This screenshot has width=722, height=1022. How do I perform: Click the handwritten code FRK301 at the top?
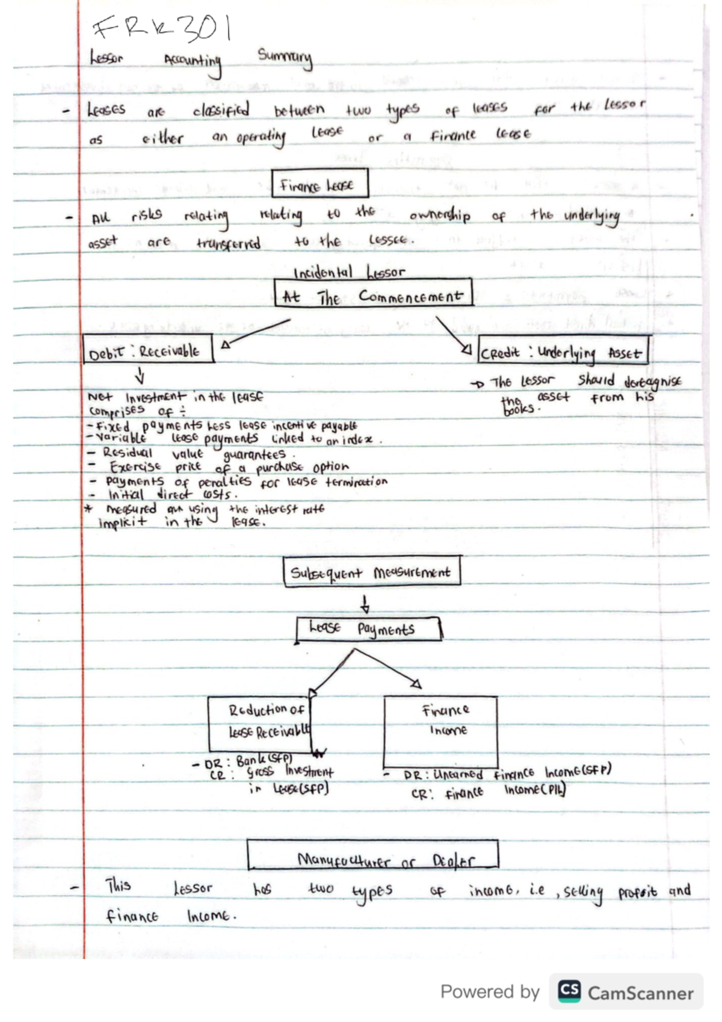point(161,29)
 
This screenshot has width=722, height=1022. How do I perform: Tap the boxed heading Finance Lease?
point(319,184)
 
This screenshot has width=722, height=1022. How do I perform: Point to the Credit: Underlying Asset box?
point(563,350)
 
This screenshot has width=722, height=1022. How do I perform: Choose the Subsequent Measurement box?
point(372,571)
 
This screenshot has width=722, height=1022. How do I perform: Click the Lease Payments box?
point(369,630)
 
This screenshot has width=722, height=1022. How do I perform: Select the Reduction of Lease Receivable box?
point(260,723)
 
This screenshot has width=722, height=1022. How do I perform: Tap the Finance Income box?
point(440,731)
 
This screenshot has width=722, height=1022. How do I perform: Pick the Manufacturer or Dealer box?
point(372,855)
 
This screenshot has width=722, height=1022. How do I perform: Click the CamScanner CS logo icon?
point(569,991)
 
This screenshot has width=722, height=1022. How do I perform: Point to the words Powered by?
point(489,991)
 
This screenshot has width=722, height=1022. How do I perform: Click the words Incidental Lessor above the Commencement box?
point(349,272)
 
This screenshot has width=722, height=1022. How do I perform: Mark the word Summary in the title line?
point(285,59)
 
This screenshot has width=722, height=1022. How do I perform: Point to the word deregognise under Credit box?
point(653,381)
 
